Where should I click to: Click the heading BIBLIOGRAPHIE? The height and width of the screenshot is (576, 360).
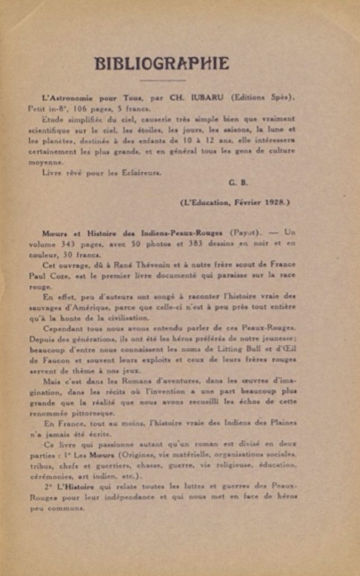(x=162, y=63)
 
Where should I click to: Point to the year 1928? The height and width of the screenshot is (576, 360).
(x=276, y=202)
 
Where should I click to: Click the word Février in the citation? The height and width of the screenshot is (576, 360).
(x=249, y=202)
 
